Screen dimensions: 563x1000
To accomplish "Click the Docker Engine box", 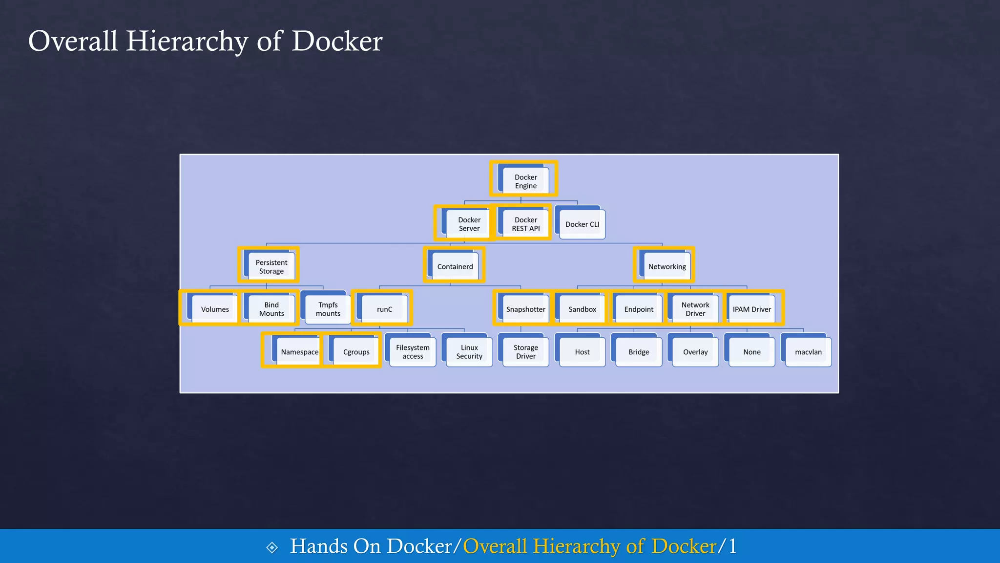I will click(525, 181).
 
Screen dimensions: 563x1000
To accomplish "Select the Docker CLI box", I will click(582, 224).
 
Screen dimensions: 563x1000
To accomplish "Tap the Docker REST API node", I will click(525, 224).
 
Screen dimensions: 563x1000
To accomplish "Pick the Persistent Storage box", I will click(271, 267).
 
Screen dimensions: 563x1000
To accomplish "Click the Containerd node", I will click(455, 267).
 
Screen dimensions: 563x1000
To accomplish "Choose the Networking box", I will click(667, 267).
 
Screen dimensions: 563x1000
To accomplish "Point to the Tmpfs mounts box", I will click(328, 309).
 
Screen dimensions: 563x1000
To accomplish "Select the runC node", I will click(384, 309).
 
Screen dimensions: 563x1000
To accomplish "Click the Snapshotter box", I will click(525, 309).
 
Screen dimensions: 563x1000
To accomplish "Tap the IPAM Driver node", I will click(751, 309).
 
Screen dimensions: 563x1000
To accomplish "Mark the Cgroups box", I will click(356, 352).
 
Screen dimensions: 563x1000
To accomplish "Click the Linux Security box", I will click(469, 352).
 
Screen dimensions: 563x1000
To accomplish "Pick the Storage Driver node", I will click(525, 352).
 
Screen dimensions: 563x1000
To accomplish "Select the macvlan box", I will click(808, 352).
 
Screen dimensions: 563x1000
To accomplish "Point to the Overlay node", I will click(695, 352).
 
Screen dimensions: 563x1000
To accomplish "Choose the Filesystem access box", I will click(413, 352).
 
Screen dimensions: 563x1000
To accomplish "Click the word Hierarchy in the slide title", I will click(187, 41).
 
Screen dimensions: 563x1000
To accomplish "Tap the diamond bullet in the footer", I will click(272, 547).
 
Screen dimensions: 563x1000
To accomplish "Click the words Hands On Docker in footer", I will click(371, 546).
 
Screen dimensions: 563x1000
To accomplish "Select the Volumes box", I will click(215, 309).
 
